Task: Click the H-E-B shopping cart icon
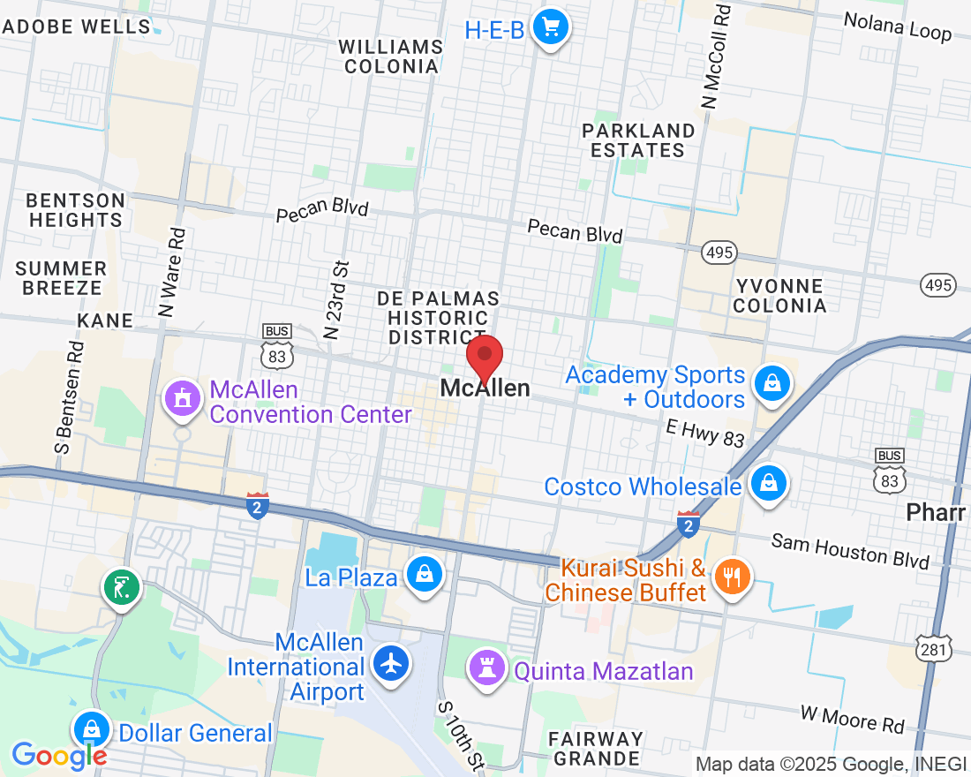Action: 552,27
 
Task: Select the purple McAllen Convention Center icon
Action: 182,398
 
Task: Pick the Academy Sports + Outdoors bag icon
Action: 772,384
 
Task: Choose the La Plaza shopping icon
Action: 425,575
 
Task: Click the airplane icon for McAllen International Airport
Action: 390,662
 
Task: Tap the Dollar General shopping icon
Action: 91,729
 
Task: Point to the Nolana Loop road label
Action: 897,26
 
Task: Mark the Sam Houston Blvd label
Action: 850,551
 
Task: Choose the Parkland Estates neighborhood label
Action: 637,140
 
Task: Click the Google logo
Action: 59,755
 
